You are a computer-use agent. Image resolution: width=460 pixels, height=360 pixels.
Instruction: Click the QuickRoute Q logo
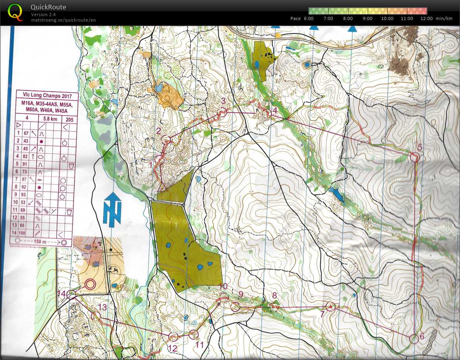coord(15,12)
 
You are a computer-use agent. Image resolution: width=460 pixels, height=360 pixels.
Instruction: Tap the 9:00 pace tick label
coord(367,18)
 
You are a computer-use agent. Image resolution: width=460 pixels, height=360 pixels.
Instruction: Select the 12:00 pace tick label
coord(426,18)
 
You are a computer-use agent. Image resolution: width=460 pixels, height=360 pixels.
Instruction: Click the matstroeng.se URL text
coord(63,20)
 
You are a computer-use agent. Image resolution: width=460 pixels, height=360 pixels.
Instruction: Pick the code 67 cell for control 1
coord(27,134)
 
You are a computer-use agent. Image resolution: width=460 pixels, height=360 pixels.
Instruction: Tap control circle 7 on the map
coord(330,307)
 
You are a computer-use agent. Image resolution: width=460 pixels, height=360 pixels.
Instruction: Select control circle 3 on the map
coord(223,112)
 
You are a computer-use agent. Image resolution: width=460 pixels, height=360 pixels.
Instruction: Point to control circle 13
coord(95,316)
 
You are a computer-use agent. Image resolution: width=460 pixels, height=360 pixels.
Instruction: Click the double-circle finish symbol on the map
coord(90,283)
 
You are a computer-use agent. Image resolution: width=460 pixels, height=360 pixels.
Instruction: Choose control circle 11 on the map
coord(193,334)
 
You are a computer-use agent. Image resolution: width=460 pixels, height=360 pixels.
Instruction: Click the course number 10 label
coord(224,287)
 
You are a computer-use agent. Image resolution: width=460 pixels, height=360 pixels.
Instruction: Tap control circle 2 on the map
coord(166,139)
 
